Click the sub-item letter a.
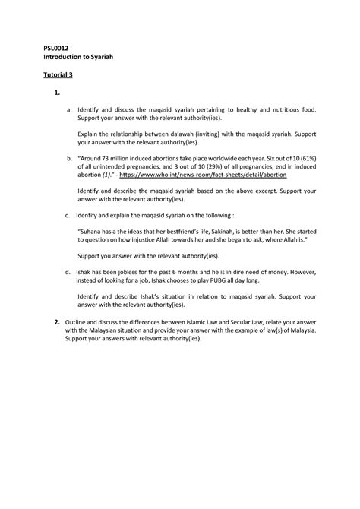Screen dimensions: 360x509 tap(68, 111)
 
